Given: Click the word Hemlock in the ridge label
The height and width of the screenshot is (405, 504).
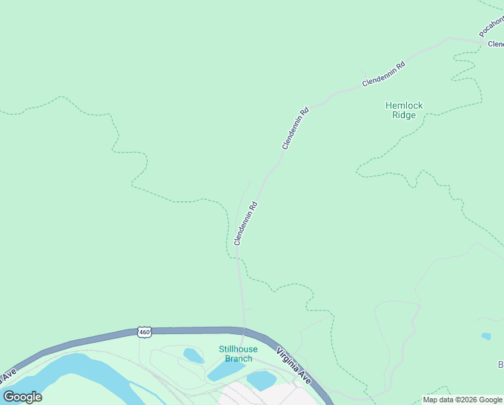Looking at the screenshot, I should click(x=404, y=105).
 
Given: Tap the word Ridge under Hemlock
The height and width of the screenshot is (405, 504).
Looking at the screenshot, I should click(x=404, y=115).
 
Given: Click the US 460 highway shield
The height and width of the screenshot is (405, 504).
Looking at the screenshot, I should click(x=144, y=331).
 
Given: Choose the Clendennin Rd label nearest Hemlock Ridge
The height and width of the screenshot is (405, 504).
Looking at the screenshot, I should click(x=383, y=74).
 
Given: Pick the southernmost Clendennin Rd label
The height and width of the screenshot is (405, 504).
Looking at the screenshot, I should click(x=246, y=223).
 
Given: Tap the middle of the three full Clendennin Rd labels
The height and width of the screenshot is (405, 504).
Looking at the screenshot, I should click(x=295, y=128).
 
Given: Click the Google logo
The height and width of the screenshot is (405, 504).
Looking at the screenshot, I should click(x=22, y=396).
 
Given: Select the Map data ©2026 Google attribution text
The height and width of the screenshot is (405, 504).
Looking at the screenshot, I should click(x=462, y=400).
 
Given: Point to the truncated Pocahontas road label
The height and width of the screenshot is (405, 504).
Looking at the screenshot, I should click(x=491, y=26).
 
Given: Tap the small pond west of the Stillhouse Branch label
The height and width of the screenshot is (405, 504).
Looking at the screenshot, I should click(x=193, y=355).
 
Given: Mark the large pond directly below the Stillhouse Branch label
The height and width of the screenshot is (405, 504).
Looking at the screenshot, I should click(x=224, y=371).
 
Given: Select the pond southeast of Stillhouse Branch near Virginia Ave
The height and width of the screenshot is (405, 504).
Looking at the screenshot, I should click(x=261, y=379).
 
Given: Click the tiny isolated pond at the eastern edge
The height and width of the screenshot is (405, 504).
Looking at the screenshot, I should click(x=486, y=335).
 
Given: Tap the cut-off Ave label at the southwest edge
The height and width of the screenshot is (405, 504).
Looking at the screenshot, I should click(x=8, y=373).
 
